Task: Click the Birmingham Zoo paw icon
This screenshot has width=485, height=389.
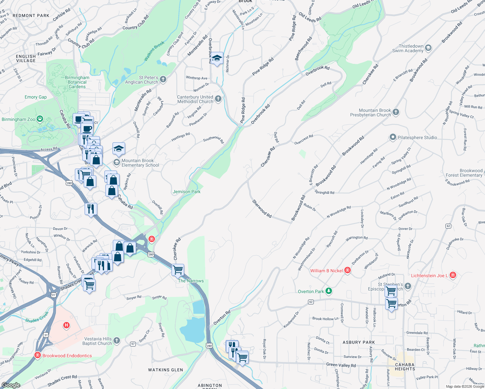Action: pos(40,119)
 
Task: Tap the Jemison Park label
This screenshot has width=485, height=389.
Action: pos(186,192)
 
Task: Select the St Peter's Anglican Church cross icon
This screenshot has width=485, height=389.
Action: pos(163,79)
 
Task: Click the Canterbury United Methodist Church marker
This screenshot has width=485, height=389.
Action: pos(218,99)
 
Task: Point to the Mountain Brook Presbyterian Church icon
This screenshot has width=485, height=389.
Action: pos(396,112)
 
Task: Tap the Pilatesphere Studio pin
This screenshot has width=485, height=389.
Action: pos(393,137)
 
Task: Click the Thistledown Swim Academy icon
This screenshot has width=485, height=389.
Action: pos(428,48)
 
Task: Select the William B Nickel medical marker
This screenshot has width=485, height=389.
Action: pos(348,270)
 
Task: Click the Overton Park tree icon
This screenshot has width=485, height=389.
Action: pos(329,291)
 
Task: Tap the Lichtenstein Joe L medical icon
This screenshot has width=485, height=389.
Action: pos(453,275)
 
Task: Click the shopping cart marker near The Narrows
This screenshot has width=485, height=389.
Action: pos(178,269)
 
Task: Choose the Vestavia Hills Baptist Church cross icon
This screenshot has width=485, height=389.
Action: pos(117,341)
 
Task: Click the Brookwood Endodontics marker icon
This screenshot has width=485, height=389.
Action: pos(38,355)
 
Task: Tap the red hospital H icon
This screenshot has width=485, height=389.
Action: pos(66,325)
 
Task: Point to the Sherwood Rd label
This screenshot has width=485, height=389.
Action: pos(262,208)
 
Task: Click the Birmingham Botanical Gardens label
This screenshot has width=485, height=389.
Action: pos(77,82)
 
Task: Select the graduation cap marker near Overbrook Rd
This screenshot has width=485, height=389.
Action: pos(217,58)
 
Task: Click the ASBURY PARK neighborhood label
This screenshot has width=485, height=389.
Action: pos(359,342)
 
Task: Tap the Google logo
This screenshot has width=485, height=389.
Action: pos(11,385)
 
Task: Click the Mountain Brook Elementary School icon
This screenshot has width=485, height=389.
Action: pos(116,162)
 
